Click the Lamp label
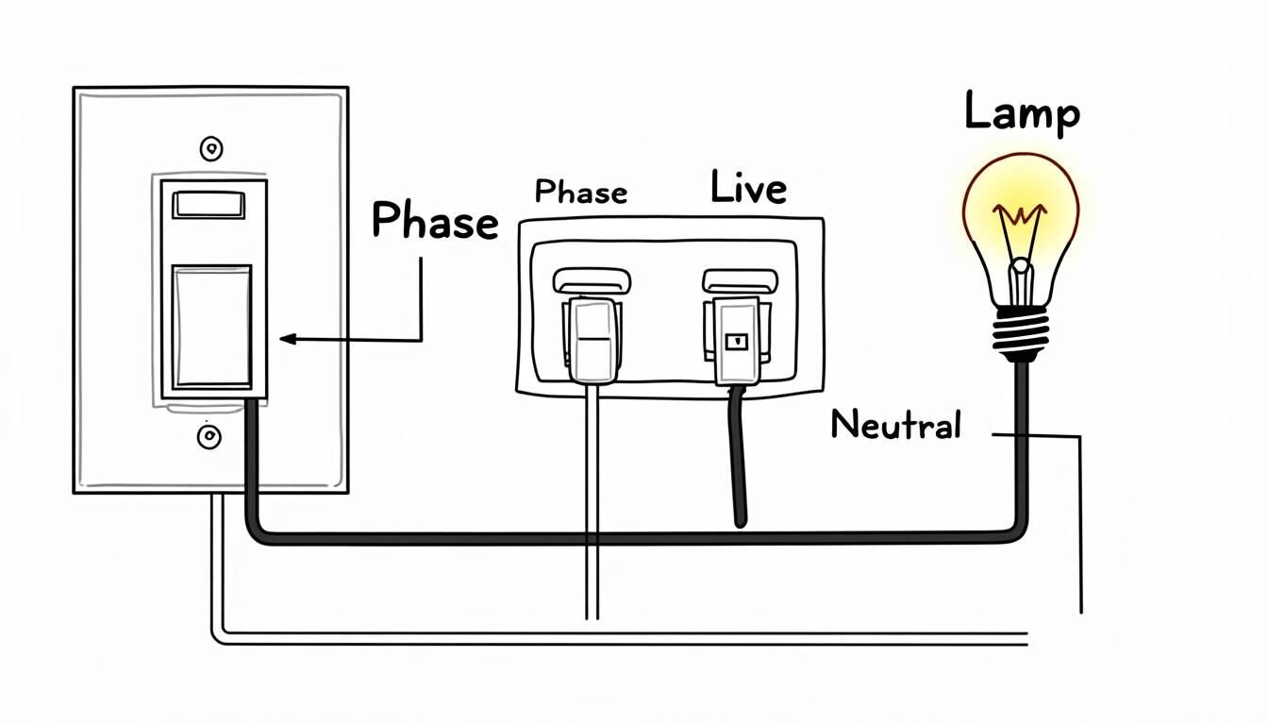1022,113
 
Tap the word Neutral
895,425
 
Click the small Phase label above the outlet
580,192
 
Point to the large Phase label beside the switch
434,221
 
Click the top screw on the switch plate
211,148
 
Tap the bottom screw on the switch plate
209,436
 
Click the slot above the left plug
591,279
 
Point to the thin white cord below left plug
592,500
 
